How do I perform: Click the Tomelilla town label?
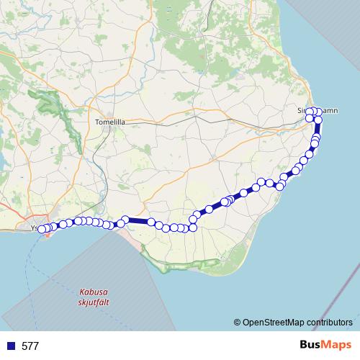110,122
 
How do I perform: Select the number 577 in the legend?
30,346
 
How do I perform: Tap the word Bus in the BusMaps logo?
311,345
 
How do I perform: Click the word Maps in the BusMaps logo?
338,345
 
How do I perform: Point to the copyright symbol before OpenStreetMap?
238,322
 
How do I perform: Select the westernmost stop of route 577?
41,230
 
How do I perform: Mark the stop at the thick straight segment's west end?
125,220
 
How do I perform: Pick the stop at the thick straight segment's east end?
152,222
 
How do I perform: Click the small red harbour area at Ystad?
48,234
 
